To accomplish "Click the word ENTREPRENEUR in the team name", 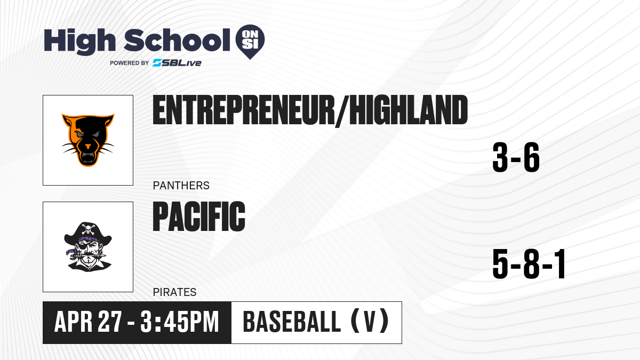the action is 243,110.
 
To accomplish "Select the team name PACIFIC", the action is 199,217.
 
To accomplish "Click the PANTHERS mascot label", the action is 181,186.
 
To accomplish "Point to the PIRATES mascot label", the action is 174,292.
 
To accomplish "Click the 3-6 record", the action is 516,157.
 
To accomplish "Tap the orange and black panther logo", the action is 88,140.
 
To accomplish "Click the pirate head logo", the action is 88,247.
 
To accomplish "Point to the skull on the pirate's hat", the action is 87,229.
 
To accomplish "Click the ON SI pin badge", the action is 250,42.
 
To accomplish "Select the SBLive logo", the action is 177,63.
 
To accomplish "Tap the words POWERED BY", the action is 130,63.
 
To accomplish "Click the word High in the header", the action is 80,42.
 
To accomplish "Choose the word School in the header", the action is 177,40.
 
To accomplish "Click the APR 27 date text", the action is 88,322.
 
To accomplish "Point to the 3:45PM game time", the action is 180,322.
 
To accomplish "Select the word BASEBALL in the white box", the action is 292,322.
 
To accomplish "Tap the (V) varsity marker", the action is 370,322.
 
